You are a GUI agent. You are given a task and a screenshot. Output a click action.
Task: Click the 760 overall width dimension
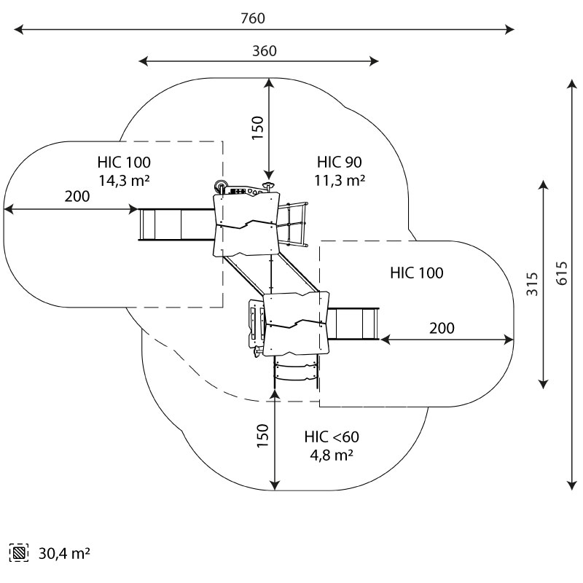(x=253, y=17)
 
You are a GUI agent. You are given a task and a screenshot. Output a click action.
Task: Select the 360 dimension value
(x=265, y=50)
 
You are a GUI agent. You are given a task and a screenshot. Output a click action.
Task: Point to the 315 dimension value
(x=532, y=282)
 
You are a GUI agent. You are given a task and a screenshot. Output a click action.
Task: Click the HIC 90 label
(x=340, y=162)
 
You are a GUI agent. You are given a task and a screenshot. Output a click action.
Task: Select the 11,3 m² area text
(x=340, y=179)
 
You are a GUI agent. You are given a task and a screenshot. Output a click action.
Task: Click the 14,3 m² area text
(x=124, y=179)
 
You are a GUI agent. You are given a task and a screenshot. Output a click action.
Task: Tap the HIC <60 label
(x=332, y=437)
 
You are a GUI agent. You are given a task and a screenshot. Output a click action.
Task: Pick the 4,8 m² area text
(x=332, y=455)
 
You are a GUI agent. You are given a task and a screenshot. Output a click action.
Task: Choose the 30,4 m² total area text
(x=64, y=554)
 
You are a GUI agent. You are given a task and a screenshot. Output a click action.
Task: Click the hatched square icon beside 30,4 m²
(x=20, y=554)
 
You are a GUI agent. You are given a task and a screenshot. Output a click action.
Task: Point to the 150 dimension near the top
(x=257, y=127)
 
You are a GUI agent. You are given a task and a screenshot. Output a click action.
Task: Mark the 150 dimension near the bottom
(x=263, y=435)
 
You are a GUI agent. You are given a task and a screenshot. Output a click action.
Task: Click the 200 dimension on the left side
(x=77, y=197)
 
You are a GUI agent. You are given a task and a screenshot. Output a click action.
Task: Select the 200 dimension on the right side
(x=441, y=328)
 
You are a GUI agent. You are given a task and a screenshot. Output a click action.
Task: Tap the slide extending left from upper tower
(x=176, y=224)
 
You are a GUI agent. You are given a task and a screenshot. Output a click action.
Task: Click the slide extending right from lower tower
(x=356, y=324)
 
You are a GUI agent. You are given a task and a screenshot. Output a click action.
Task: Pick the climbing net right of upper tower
(x=292, y=222)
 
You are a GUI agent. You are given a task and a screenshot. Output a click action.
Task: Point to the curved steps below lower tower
(x=297, y=370)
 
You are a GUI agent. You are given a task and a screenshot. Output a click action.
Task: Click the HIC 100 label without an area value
(x=416, y=273)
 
